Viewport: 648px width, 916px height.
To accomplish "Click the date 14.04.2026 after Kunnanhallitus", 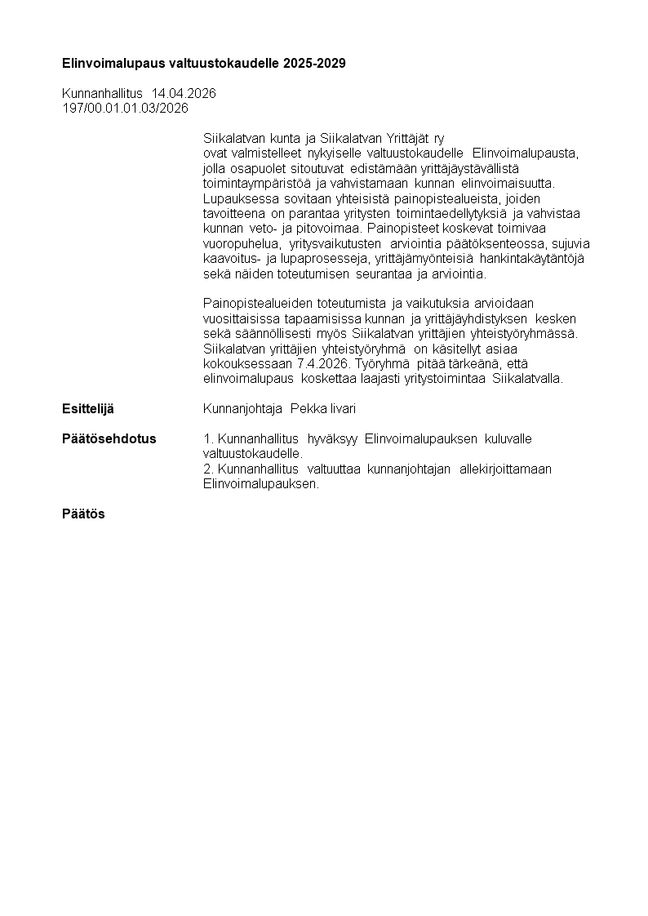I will tap(184, 94).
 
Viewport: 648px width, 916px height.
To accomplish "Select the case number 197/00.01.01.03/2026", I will tap(125, 108).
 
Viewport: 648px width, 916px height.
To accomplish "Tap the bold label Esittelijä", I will tap(88, 408).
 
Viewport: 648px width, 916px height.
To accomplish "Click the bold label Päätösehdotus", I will tap(109, 439).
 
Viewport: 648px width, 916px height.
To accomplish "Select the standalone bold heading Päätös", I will tap(83, 514).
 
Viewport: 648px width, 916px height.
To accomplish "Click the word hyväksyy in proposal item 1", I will tap(332, 439).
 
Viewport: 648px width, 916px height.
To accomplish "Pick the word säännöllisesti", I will tap(266, 333).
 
